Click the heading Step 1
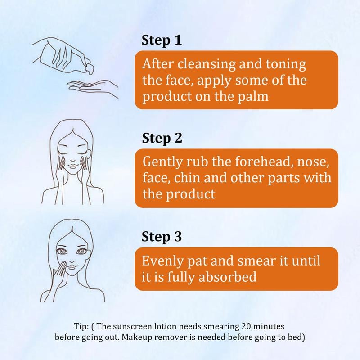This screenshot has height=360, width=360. (162, 40)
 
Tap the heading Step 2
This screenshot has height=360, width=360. (162, 139)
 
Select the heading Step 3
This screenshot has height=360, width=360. (162, 237)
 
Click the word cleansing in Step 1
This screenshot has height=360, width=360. (207, 64)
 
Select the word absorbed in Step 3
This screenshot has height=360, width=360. (227, 277)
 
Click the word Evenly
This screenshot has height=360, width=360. (163, 261)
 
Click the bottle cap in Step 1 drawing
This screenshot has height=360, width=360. (90, 69)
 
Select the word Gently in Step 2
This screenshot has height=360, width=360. (163, 162)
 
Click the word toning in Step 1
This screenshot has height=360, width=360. (286, 64)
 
